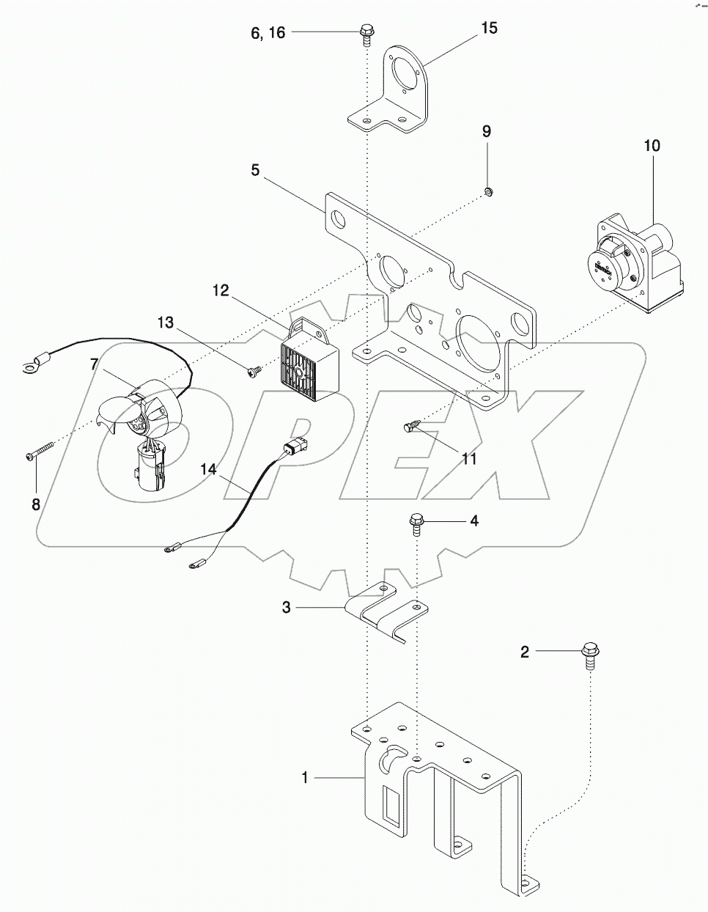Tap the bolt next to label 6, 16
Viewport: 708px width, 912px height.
[x=366, y=32]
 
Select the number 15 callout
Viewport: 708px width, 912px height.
[x=489, y=28]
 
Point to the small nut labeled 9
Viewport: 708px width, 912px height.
[x=487, y=192]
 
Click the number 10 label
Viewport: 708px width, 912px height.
[x=652, y=145]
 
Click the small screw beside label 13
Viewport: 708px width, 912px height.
[x=254, y=372]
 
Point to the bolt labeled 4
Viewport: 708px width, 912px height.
[x=416, y=522]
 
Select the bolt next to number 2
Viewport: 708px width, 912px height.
[x=590, y=652]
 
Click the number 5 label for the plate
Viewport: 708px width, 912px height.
[x=254, y=170]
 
